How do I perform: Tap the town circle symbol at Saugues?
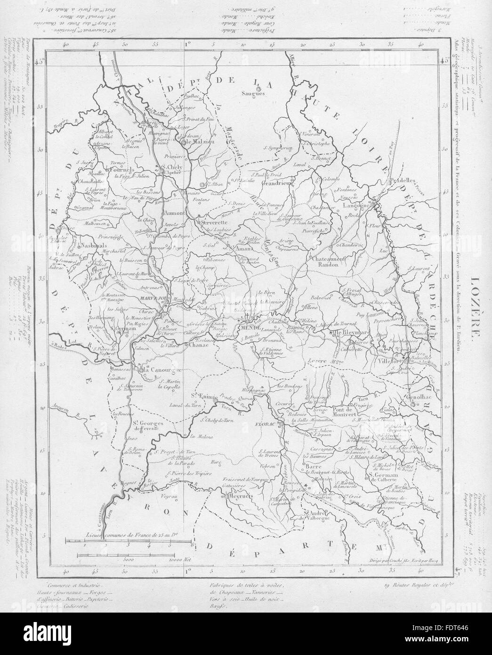[258, 88]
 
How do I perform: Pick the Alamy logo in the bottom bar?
[47, 633]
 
